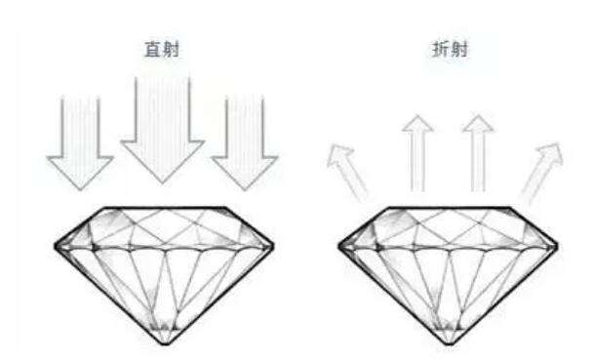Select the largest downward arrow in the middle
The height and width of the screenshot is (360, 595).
coord(162,127)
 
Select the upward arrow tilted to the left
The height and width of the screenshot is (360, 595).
coord(348,168)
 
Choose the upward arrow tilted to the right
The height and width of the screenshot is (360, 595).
coord(542,168)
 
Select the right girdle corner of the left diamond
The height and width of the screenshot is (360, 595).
coord(274,243)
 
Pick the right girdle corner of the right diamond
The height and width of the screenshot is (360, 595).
coord(561,243)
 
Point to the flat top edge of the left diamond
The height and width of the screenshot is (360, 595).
coord(162,207)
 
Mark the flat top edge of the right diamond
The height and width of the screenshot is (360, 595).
coord(449,207)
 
